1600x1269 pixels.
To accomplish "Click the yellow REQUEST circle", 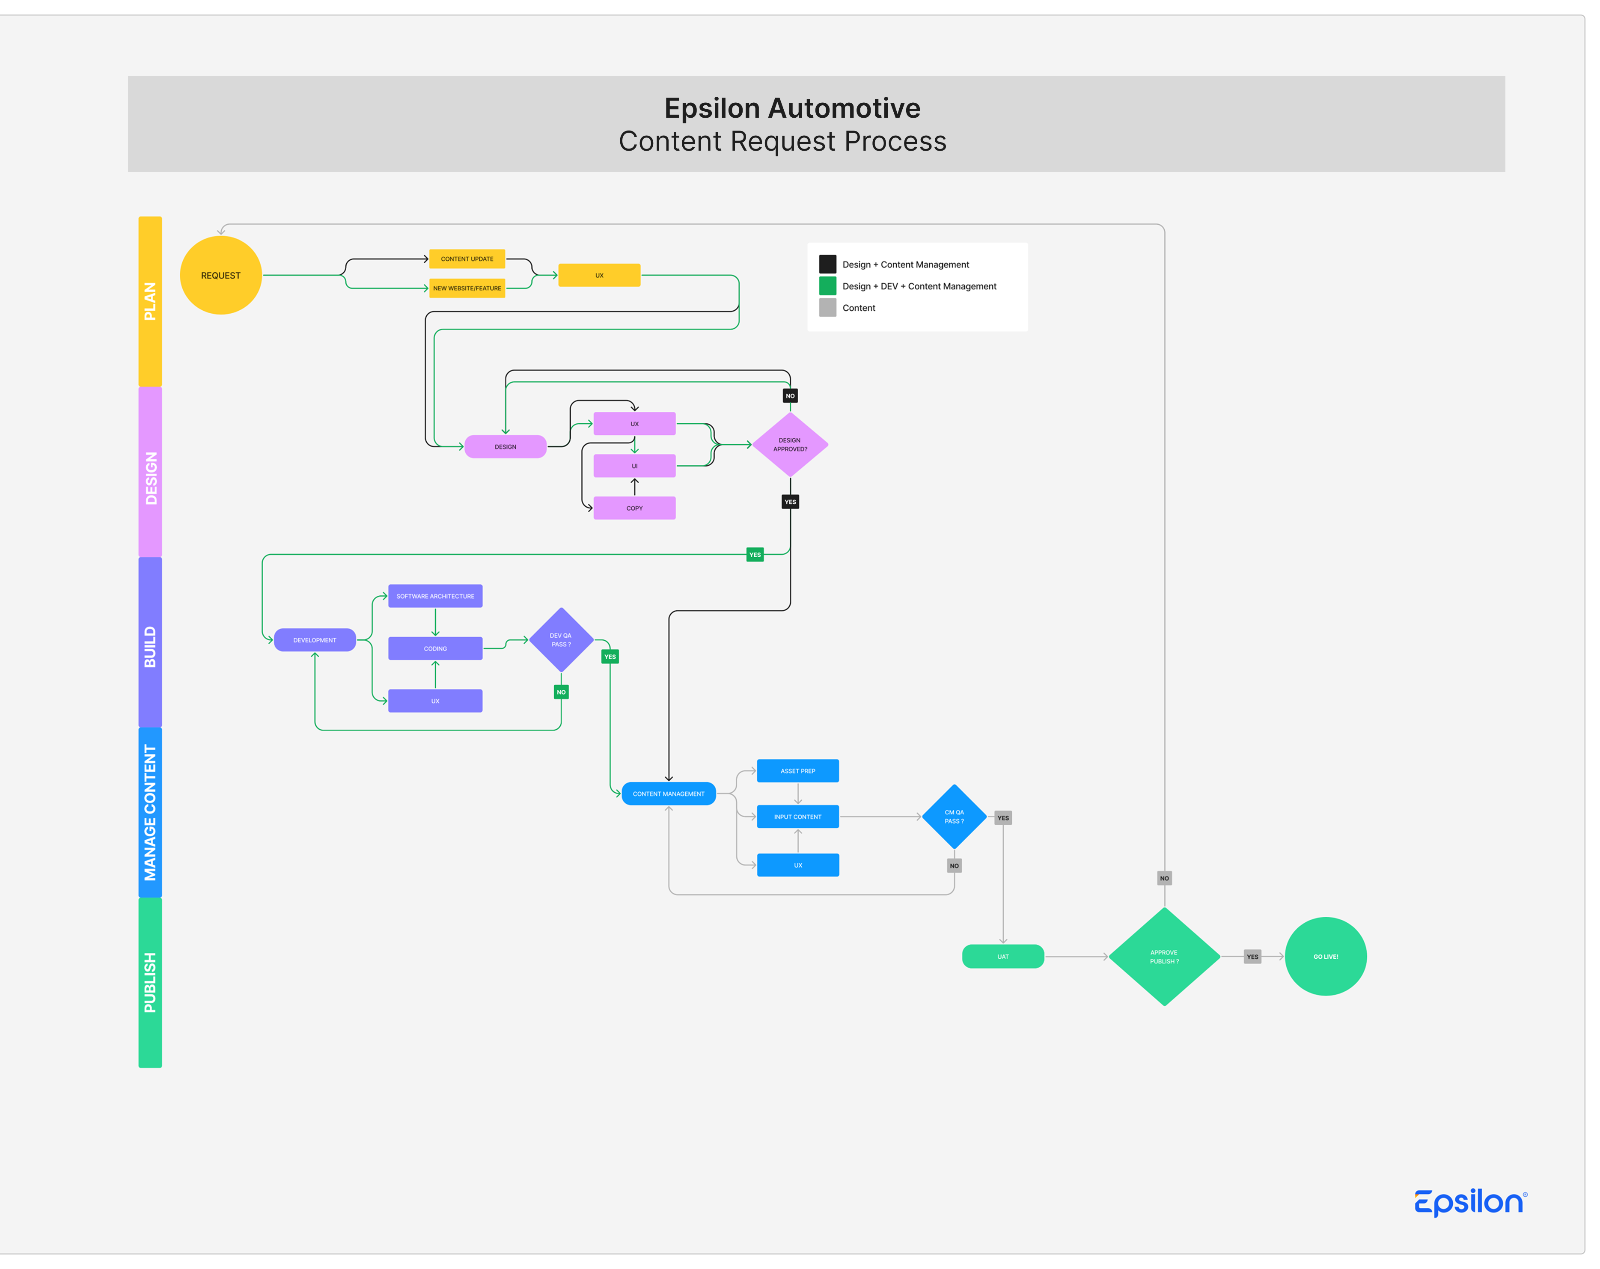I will tap(220, 275).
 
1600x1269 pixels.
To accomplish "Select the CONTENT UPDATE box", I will tap(467, 259).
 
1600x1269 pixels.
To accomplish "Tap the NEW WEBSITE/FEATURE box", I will tap(467, 288).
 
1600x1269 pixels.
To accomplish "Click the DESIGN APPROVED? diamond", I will tap(790, 445).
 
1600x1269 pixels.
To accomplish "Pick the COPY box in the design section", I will tap(634, 508).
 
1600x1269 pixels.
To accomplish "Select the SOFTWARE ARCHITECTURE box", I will tap(435, 596).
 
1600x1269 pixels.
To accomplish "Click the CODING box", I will tap(435, 648).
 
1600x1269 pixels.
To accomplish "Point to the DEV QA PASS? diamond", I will tap(561, 640).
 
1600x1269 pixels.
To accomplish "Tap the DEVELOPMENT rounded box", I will tap(315, 640).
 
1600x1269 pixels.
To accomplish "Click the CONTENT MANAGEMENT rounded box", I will tap(669, 793).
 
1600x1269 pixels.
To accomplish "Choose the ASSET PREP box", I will tap(798, 771).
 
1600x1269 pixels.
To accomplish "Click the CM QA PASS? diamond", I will tap(955, 816).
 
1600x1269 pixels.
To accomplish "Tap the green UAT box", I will tap(1002, 957).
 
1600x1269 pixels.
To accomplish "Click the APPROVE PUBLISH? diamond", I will tap(1164, 957).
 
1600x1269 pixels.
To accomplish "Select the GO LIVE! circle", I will tap(1326, 957).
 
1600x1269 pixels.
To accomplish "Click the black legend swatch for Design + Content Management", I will tap(827, 264).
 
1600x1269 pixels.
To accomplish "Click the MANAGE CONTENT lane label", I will tap(150, 813).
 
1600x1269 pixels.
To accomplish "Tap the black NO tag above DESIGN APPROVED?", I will tap(790, 395).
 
